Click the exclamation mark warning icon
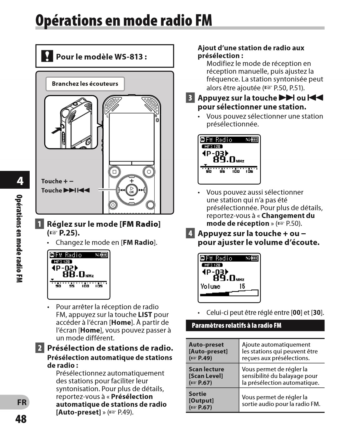[x=47, y=56]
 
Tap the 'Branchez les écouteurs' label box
[x=85, y=84]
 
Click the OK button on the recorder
[x=131, y=190]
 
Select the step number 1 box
[x=40, y=224]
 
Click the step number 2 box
[x=40, y=348]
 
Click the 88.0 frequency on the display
[x=74, y=274]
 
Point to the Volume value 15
[x=242, y=286]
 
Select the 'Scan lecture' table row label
[x=206, y=376]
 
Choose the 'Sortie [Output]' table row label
[x=201, y=400]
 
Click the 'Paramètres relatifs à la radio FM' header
[x=237, y=326]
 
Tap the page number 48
[x=21, y=419]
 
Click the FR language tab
[x=22, y=402]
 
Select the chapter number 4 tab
[x=20, y=181]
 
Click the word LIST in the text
[x=145, y=315]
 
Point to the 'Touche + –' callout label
[x=57, y=181]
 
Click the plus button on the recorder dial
[x=131, y=181]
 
